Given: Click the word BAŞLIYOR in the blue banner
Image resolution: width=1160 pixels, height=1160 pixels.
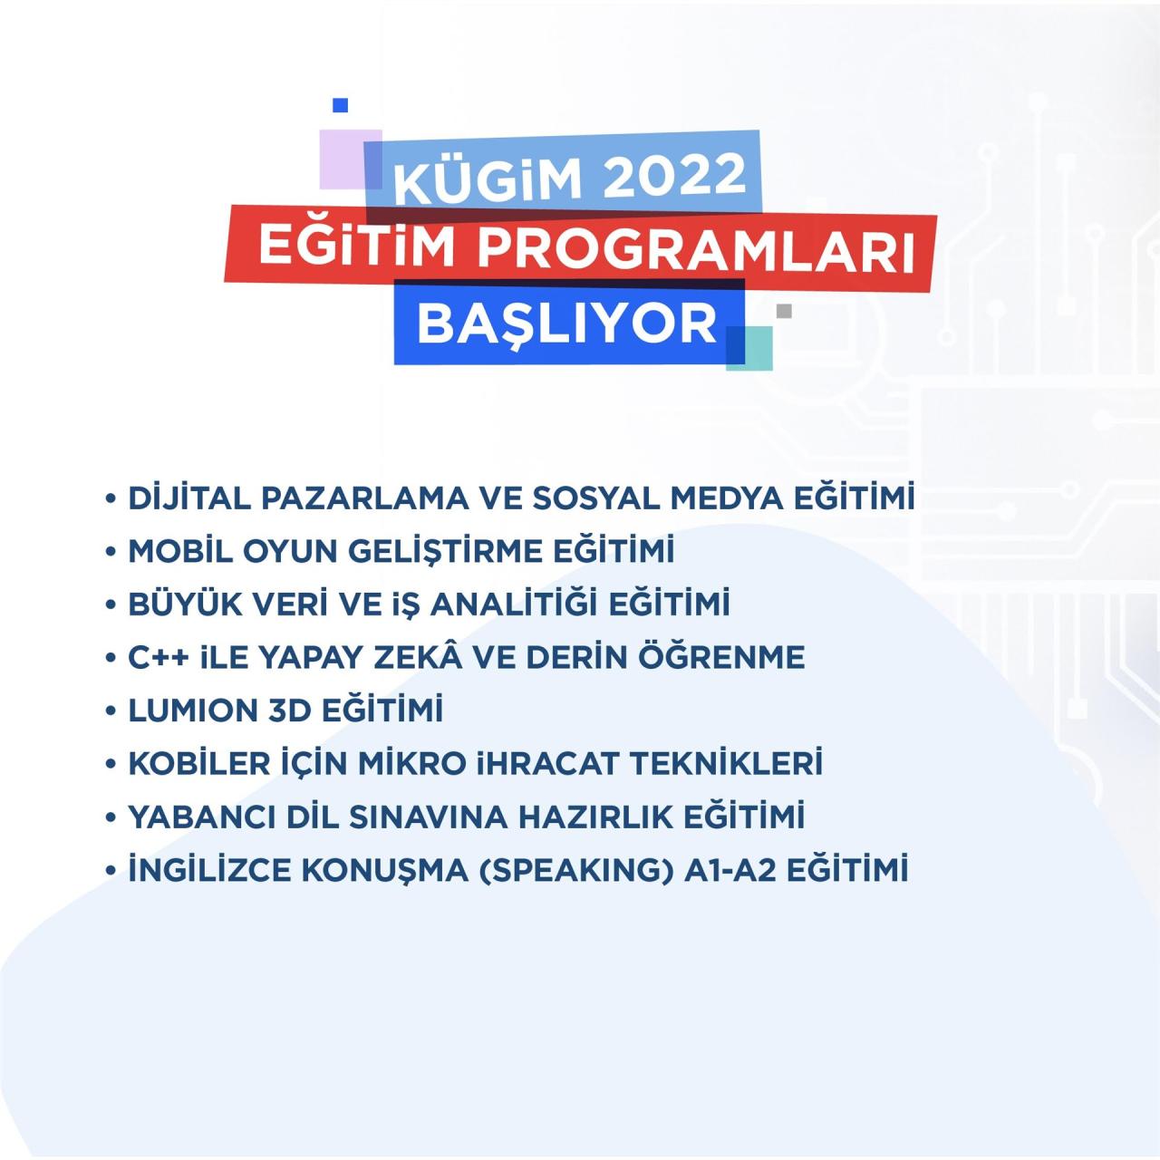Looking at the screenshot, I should [x=567, y=323].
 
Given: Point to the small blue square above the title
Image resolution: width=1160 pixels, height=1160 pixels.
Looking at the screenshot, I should [x=341, y=106].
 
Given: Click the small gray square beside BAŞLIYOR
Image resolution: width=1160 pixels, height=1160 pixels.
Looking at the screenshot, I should [x=784, y=311].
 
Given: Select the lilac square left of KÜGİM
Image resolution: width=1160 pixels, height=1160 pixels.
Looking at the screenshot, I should [x=341, y=159].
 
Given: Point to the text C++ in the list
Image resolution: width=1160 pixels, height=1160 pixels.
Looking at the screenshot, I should [x=159, y=658].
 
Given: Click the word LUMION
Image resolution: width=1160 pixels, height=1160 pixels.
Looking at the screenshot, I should [x=194, y=710].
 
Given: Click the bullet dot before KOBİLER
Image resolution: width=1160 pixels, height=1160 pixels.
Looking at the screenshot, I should [x=111, y=765].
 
